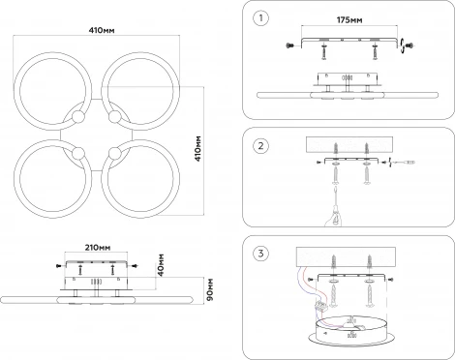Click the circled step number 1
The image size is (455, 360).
(x=260, y=17)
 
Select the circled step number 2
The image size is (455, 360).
(x=260, y=146)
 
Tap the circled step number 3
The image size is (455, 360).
(x=260, y=254)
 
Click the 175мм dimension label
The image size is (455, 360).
(x=349, y=20)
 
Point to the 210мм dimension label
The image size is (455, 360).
(x=98, y=248)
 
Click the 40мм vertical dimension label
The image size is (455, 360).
(x=161, y=265)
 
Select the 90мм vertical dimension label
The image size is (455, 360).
(x=209, y=289)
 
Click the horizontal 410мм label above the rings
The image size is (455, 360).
(x=102, y=30)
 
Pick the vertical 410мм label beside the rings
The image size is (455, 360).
(x=198, y=148)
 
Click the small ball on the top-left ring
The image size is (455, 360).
(x=77, y=117)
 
